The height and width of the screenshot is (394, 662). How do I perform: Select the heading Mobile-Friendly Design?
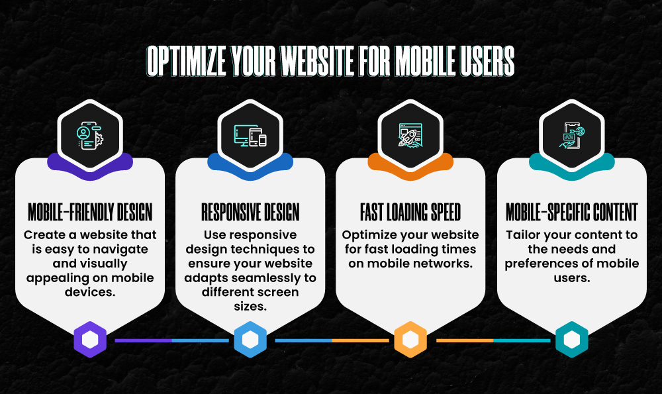tap(90, 213)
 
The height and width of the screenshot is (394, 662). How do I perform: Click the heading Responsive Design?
tap(250, 213)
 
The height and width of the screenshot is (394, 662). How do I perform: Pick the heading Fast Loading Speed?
tap(410, 213)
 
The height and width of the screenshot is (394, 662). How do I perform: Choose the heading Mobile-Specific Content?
tap(571, 213)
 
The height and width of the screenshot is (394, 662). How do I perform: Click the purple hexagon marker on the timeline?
tap(90, 340)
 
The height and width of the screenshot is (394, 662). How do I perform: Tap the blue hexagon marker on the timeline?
tap(250, 340)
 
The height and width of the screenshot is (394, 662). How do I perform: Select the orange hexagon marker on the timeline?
tap(410, 340)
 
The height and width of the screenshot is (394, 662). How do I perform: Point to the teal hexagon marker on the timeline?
tap(571, 340)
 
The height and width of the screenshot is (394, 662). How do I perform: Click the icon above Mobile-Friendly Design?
tap(90, 134)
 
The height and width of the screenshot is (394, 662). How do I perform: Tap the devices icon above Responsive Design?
tap(250, 134)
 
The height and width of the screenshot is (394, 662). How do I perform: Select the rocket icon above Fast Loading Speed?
tap(410, 134)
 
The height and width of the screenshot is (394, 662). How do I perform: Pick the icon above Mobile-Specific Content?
tap(571, 134)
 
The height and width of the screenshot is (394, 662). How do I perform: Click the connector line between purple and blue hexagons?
tap(171, 340)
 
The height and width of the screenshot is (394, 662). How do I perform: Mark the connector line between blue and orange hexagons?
tap(331, 340)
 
